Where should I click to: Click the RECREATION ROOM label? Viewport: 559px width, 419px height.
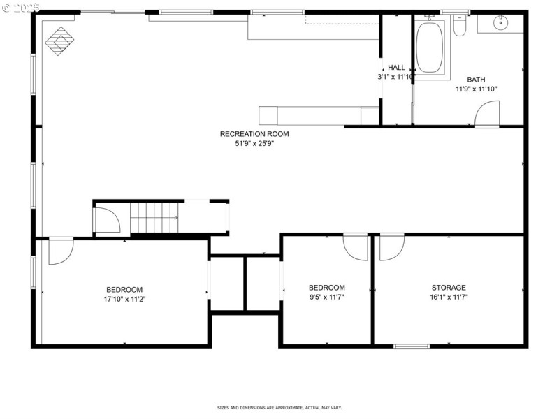[x=254, y=134]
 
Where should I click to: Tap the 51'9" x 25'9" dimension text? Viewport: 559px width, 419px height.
[x=254, y=145]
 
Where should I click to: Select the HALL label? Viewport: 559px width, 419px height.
[x=396, y=68]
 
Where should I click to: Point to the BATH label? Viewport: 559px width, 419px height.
[x=476, y=80]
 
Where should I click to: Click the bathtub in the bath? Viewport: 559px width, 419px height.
[x=430, y=47]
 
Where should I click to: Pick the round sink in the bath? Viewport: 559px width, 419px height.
[x=501, y=23]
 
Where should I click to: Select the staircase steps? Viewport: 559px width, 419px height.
[x=154, y=217]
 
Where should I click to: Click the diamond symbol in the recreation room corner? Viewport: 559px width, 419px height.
[x=59, y=40]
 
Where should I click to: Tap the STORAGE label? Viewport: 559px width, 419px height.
[x=449, y=288]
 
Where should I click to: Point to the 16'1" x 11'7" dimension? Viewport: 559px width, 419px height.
[x=449, y=297]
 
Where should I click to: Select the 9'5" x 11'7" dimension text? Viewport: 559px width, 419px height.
[x=327, y=297]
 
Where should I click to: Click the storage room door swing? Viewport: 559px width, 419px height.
[x=391, y=248]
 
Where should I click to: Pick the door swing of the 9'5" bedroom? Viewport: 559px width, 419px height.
[x=356, y=248]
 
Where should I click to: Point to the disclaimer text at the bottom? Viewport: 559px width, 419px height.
[x=279, y=408]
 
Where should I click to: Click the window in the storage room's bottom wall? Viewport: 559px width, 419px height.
[x=412, y=346]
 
